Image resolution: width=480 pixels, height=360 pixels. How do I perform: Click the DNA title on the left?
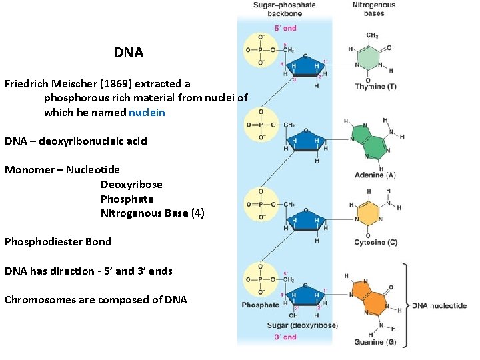128,52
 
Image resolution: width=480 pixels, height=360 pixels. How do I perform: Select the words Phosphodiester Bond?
58,241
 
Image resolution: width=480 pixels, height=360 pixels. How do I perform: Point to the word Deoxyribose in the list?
131,184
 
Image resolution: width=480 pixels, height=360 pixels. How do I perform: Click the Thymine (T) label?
375,87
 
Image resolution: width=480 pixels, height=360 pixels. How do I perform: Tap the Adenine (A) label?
375,175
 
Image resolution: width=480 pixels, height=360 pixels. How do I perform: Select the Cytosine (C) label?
376,242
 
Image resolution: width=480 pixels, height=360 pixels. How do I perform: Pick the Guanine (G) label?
375,342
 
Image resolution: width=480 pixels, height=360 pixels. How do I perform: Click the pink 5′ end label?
285,28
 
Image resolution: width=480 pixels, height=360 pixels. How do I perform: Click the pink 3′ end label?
285,337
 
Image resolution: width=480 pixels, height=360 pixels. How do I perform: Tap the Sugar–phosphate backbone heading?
284,9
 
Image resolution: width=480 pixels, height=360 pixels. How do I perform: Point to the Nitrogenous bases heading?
373,9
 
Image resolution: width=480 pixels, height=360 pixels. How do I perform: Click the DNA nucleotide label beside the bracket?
439,305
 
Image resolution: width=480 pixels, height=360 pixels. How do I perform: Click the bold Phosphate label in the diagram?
261,305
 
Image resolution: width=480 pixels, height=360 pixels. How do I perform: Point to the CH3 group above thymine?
373,35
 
